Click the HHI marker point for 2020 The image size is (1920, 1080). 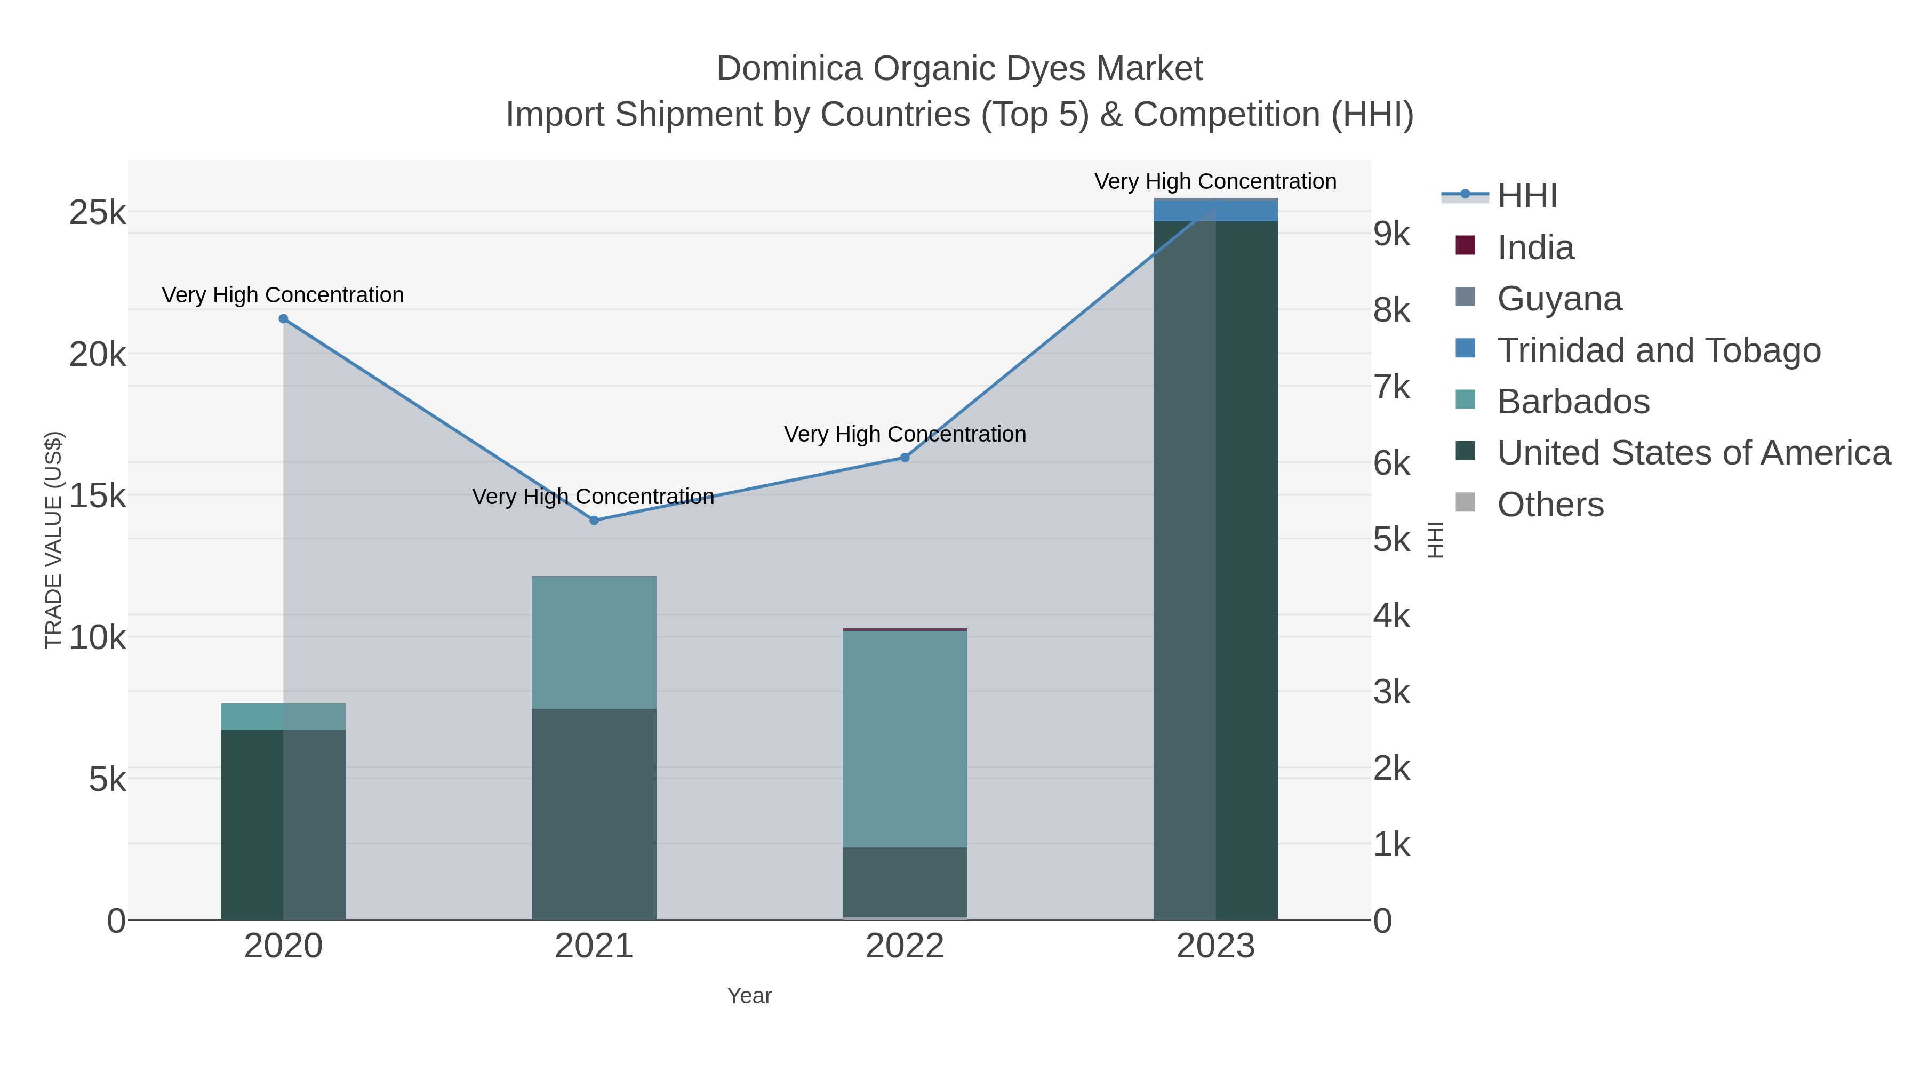coord(283,319)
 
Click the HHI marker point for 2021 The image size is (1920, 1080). coord(594,520)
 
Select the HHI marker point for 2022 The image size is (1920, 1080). coord(905,458)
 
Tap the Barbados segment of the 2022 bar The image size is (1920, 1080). coord(905,738)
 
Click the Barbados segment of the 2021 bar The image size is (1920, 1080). coord(594,643)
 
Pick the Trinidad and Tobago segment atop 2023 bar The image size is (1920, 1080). coord(1215,211)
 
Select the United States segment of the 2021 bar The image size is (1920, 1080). coord(594,814)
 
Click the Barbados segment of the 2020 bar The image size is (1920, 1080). coord(283,716)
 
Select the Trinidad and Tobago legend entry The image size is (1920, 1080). coord(1658,350)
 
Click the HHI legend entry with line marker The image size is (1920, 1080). coord(1526,196)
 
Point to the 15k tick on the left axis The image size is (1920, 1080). coord(98,495)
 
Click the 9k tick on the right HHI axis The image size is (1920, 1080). coord(1391,234)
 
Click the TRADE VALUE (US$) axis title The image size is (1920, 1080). coord(54,540)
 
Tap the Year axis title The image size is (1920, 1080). coord(749,996)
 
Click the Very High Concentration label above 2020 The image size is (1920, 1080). coord(283,295)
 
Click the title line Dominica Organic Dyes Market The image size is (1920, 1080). coord(959,69)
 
